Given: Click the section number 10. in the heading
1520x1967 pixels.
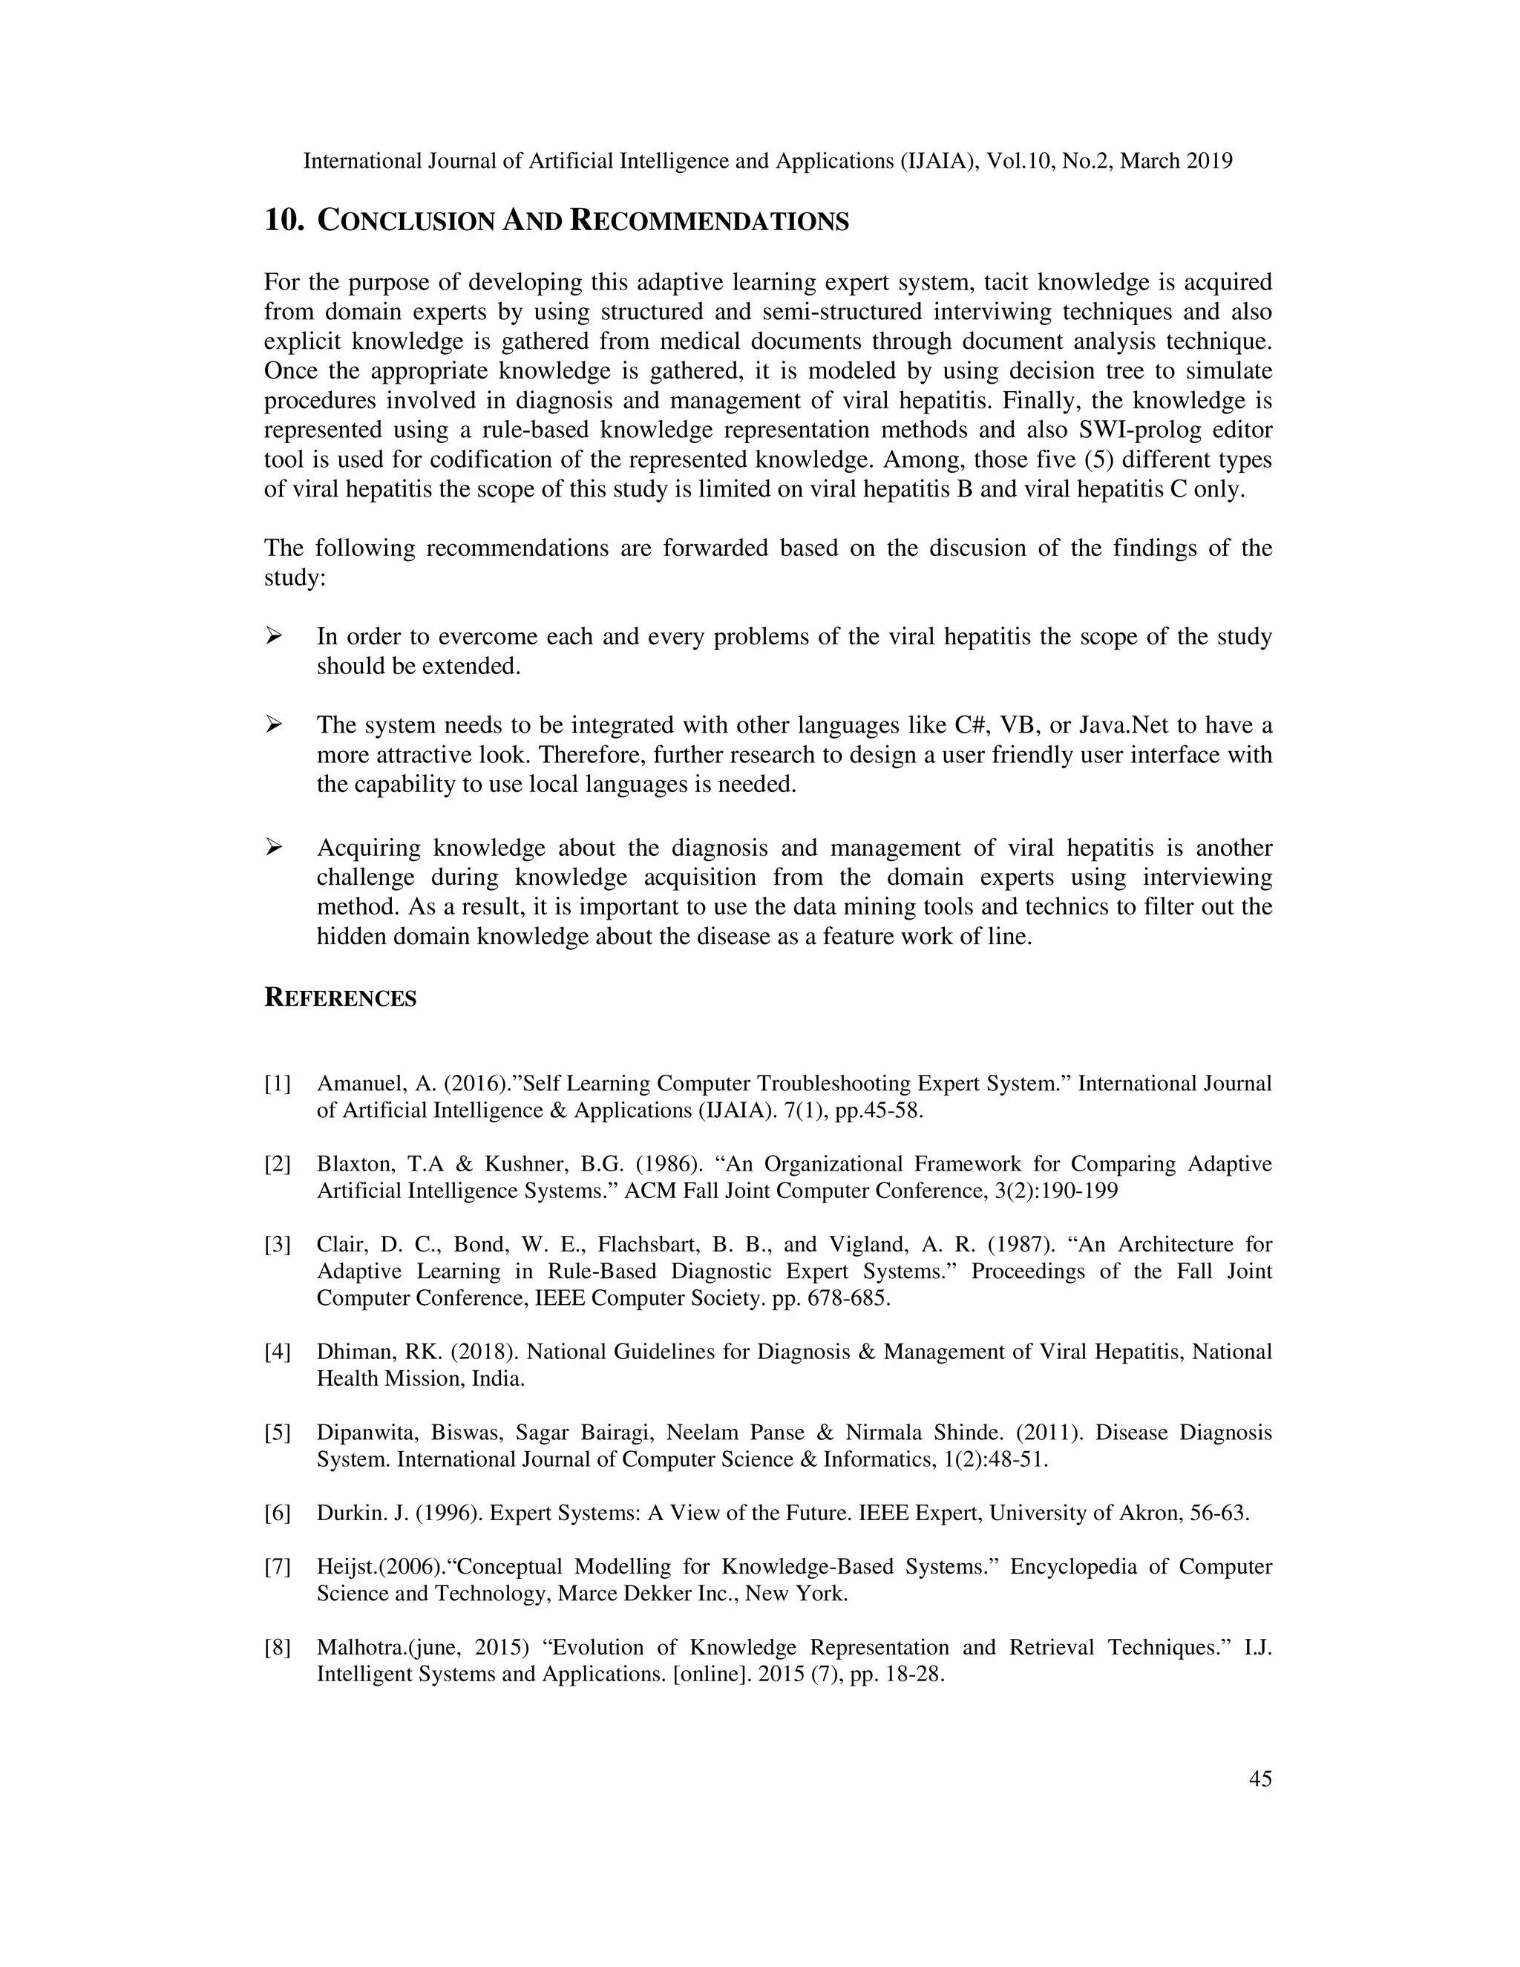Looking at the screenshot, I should (284, 220).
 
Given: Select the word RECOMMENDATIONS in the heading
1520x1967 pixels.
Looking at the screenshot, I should (710, 221).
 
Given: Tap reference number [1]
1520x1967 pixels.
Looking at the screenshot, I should (278, 1084).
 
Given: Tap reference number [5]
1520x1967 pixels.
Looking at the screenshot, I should (278, 1433).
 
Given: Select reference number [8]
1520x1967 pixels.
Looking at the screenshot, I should (278, 1648).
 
